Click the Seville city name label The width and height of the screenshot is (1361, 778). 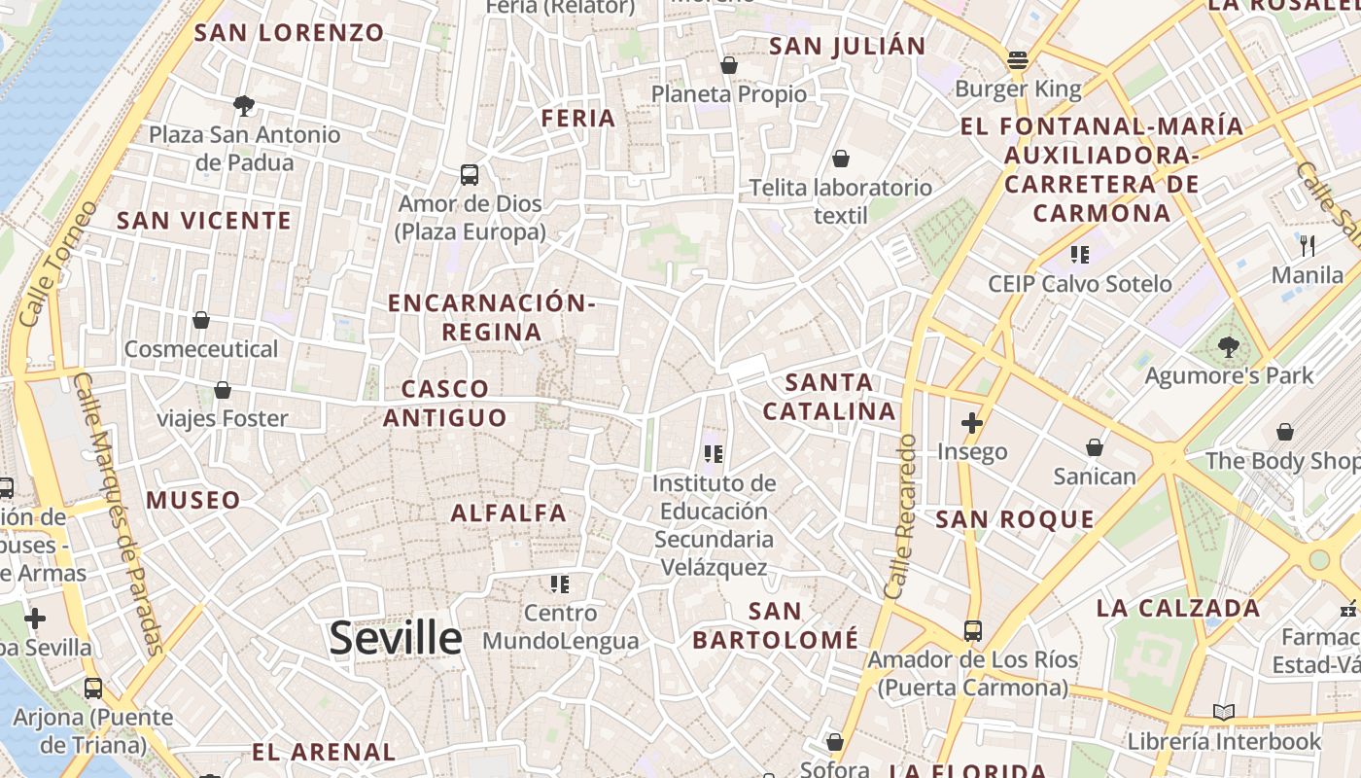coord(396,639)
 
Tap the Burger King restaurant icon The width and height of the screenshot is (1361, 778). coord(1018,60)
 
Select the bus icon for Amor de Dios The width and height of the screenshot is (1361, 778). coord(470,175)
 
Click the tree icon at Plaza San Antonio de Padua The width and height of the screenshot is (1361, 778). coord(244,105)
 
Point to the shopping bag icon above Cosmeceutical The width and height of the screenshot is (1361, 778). coord(201,319)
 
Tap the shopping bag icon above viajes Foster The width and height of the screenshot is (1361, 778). coord(223,390)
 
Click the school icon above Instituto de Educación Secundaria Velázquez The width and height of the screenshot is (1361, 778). coord(715,453)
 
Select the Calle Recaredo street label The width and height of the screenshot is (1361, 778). coord(900,515)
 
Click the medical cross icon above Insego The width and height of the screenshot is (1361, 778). coord(971,423)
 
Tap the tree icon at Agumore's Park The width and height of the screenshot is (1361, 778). coord(1229,345)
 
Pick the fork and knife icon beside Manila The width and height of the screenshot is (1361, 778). coord(1308,245)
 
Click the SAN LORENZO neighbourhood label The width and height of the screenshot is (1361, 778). coord(290,32)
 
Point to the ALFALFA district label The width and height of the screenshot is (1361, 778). coord(508,513)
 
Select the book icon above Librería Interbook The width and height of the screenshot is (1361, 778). coord(1224,712)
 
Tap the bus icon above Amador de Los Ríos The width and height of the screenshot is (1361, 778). coord(973,630)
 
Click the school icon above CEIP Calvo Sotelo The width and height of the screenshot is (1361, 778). coord(1079,255)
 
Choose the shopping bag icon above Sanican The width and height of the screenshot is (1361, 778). coord(1095,447)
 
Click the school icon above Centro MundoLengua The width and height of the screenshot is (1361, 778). coord(560,583)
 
